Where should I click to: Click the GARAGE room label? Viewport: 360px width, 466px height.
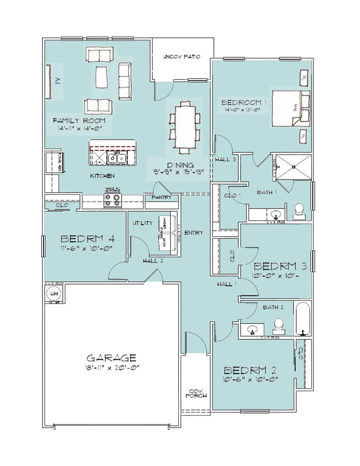tap(111, 358)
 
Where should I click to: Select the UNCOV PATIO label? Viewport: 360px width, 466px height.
tap(182, 57)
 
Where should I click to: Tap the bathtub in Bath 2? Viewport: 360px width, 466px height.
tap(303, 319)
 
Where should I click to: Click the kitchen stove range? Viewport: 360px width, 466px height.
tap(111, 200)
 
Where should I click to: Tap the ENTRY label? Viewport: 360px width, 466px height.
tap(193, 233)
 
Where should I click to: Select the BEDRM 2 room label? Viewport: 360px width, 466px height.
tap(251, 370)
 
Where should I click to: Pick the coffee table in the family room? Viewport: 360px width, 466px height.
tap(102, 76)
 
